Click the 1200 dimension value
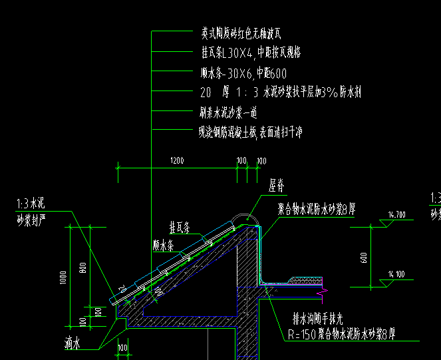point(177,161)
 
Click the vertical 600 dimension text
point(364,256)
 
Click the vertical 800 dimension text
point(83,268)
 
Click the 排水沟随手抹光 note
point(325,319)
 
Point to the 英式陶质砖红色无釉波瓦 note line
point(244,32)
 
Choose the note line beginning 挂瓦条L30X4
point(251,53)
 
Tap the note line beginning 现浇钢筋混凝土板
point(251,132)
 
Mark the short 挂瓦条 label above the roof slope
point(180,227)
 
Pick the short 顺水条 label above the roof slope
point(163,244)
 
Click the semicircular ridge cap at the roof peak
point(243,217)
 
